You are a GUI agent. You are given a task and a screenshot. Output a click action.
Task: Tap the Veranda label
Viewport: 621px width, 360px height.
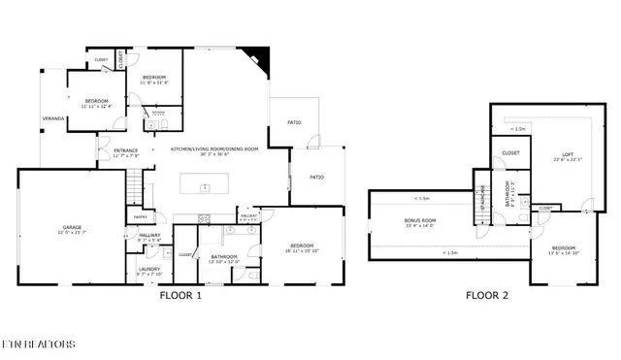[x=51, y=117]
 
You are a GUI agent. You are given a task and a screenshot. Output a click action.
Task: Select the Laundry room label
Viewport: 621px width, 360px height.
[x=148, y=269]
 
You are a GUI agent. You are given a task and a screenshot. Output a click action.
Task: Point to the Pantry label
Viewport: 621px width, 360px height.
[x=140, y=216]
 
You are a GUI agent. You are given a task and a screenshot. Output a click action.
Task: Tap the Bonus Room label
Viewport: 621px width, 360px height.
[x=420, y=221]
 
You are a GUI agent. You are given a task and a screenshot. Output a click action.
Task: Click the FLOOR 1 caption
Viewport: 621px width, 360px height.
[x=180, y=296]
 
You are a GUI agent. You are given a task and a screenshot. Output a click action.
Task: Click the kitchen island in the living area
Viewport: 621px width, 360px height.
[x=205, y=186]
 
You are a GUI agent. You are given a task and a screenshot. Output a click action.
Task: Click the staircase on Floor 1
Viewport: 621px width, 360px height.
[x=136, y=184]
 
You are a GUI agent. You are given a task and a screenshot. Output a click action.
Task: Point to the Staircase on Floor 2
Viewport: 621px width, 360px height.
[x=479, y=201]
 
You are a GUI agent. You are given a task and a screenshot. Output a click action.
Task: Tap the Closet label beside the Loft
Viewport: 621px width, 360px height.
[x=510, y=152]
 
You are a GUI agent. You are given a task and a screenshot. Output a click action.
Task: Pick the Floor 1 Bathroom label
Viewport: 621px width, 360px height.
[x=224, y=256]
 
